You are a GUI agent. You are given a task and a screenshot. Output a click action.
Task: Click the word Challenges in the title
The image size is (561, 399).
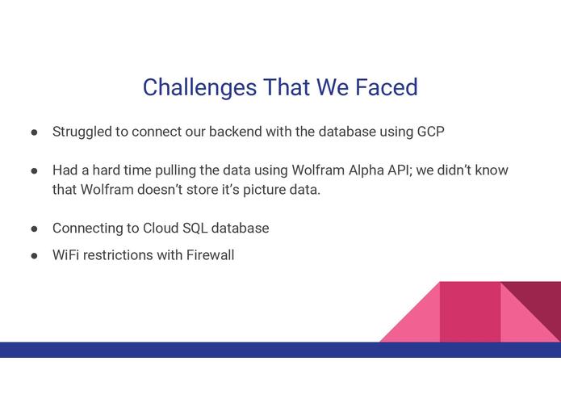(x=199, y=87)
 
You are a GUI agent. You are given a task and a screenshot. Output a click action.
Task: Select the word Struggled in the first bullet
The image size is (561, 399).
(x=82, y=132)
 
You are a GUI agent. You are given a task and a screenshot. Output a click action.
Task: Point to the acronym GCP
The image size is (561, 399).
(x=431, y=132)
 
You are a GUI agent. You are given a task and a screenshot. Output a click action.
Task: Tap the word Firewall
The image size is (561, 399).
(x=211, y=255)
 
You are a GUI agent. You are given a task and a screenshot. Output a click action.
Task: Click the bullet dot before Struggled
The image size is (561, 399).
(x=35, y=132)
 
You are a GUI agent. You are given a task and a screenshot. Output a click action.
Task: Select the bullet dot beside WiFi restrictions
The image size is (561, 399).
(x=35, y=256)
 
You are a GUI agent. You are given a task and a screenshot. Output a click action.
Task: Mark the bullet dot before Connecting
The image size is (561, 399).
(x=35, y=229)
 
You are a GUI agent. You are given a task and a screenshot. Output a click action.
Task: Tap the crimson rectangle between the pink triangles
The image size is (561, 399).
(x=470, y=312)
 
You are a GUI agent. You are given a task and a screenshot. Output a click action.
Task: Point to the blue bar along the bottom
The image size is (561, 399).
(x=281, y=350)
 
